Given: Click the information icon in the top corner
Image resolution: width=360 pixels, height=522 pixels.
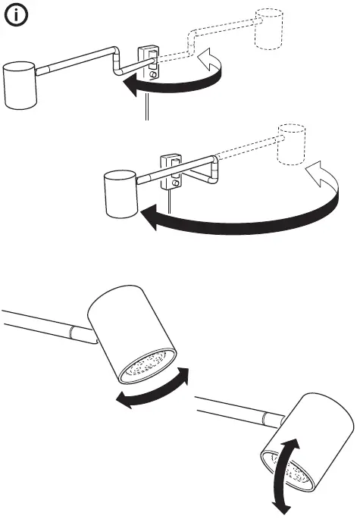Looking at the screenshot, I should pos(17,17).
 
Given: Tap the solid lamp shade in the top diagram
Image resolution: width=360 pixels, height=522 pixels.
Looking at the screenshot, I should pos(20,85).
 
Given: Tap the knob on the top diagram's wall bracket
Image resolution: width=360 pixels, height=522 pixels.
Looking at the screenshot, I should pos(155,75).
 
